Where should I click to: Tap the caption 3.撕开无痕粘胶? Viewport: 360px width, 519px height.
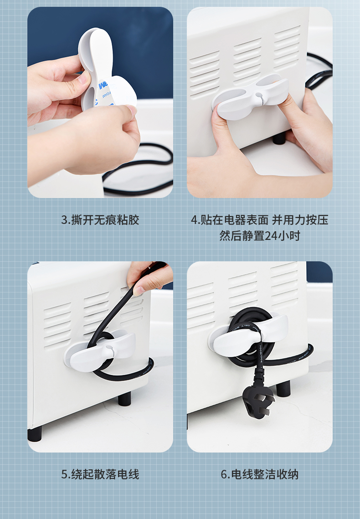[x=100, y=220]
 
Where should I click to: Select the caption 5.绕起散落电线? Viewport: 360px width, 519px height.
[x=100, y=474]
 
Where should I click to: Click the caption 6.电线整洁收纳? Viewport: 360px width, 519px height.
[x=260, y=474]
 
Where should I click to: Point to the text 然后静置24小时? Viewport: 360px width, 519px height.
[x=260, y=236]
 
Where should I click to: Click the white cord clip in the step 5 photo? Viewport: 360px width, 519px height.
[x=100, y=350]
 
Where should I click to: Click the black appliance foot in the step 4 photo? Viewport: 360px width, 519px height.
[x=279, y=137]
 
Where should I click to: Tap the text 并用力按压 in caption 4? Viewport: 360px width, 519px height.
[x=300, y=220]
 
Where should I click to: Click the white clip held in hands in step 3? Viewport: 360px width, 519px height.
[x=106, y=71]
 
